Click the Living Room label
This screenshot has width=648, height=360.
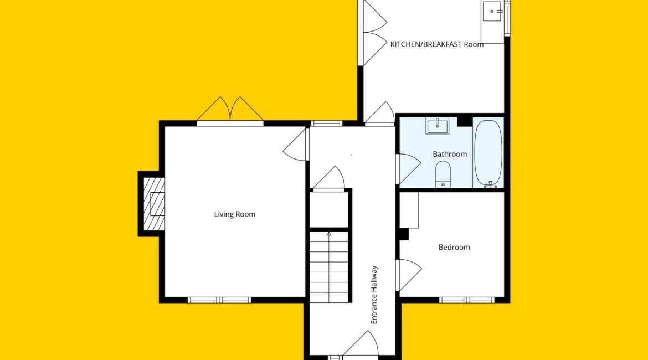[234, 214]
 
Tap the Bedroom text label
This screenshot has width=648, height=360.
[454, 247]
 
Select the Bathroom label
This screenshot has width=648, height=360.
[450, 154]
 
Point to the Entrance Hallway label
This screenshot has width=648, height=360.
[374, 295]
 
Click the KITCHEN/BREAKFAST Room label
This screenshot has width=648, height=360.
[437, 44]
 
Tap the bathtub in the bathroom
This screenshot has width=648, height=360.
[488, 153]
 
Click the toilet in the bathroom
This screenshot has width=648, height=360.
[443, 174]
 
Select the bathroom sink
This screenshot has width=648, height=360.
[437, 126]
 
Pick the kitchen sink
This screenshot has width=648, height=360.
[493, 11]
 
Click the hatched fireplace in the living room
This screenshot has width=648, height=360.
[154, 204]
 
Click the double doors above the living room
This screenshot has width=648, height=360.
[230, 109]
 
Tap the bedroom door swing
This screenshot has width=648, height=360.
[408, 275]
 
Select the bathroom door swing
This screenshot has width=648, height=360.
[408, 168]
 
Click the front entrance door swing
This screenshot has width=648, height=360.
[361, 343]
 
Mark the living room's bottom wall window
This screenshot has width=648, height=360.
[219, 300]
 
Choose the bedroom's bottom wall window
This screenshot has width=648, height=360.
[466, 300]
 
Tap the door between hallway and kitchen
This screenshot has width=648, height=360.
[379, 112]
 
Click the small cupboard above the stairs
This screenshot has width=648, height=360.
[329, 209]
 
